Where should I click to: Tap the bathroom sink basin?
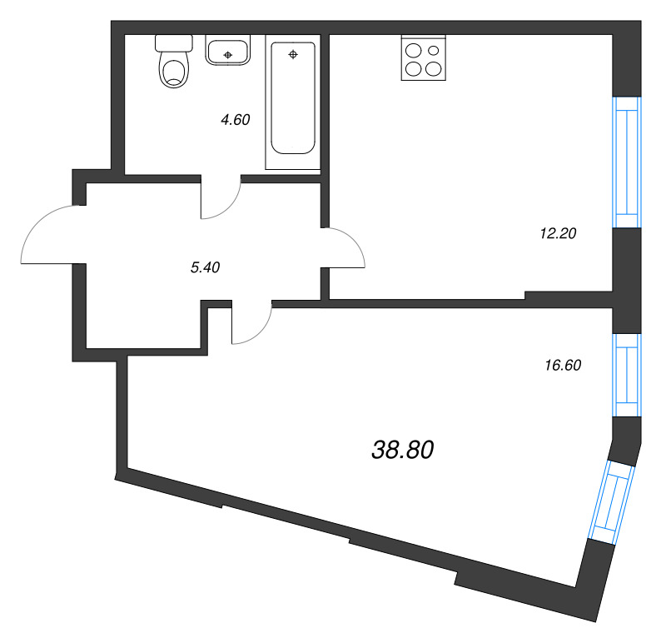coord(227,52)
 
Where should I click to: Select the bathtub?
coord(292,101)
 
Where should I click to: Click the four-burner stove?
coord(422,58)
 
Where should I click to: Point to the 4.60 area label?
coord(235,119)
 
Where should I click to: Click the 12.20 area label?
coord(558,234)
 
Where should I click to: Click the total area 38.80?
coord(401,451)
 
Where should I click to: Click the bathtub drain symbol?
coord(292,55)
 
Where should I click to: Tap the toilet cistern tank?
coord(173,42)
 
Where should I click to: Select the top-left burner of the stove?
coord(413,49)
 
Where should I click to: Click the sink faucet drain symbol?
coord(227,56)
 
